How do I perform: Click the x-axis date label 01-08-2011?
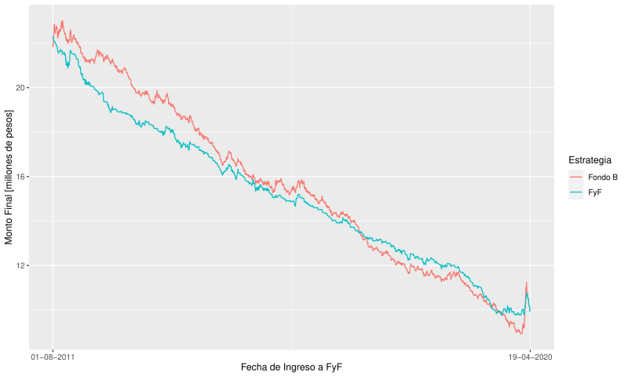pos(53,356)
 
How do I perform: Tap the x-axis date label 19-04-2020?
pos(530,356)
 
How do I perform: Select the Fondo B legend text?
pos(603,178)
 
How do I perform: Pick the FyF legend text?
pos(595,191)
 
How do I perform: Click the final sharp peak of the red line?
pos(526,283)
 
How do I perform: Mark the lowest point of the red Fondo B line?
pos(520,333)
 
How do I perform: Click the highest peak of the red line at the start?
pos(63,21)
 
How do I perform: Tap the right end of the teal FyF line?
pos(531,311)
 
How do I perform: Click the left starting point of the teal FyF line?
pos(53,37)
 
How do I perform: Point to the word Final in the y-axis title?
pos(9,199)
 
